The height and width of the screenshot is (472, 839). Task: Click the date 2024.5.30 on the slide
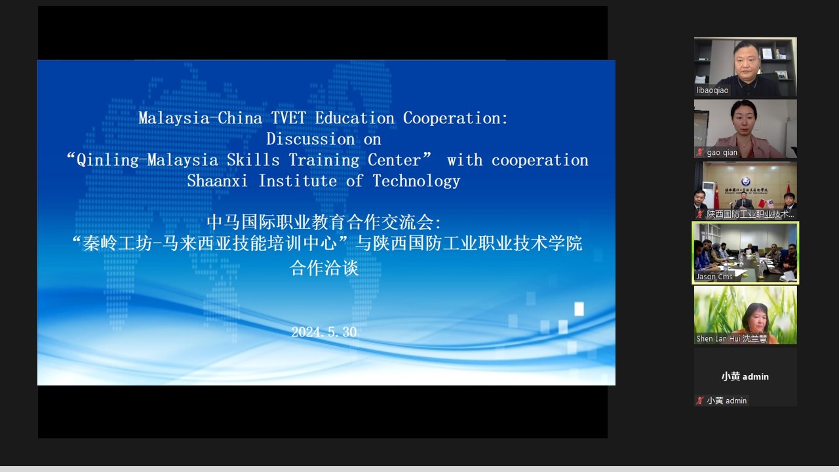tap(324, 332)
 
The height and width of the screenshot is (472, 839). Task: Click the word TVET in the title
tap(288, 119)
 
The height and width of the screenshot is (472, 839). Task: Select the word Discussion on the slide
tap(311, 140)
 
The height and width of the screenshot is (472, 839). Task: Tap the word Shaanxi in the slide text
tap(217, 182)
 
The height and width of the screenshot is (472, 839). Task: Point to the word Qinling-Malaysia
tap(147, 161)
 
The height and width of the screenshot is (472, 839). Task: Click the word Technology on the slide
tap(416, 182)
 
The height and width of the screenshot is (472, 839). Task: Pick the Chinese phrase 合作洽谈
tap(324, 268)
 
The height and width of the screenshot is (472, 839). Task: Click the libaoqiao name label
tap(712, 90)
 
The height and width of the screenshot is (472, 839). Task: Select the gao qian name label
tap(722, 153)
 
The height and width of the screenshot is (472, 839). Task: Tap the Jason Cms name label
tap(714, 277)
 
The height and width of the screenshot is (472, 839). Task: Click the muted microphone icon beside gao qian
tap(699, 153)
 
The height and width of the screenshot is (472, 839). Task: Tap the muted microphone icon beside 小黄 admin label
tap(699, 401)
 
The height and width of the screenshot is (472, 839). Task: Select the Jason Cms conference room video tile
tap(745, 253)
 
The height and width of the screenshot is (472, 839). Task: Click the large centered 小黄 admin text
tap(745, 376)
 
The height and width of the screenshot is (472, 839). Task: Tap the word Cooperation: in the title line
tap(456, 119)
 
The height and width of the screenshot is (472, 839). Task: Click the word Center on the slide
tap(395, 161)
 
